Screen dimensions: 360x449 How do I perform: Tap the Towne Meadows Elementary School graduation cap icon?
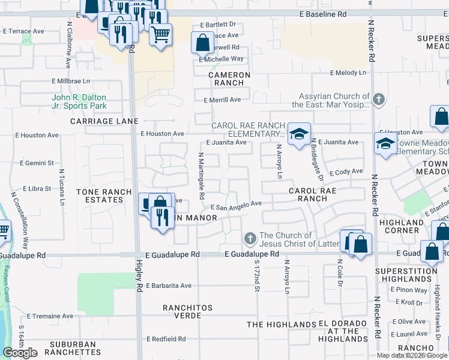(x=385, y=143)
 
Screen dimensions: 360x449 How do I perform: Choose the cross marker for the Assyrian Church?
(x=378, y=99)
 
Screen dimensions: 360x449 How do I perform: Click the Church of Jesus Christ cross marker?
(x=251, y=239)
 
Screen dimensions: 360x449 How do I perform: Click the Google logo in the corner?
(x=20, y=353)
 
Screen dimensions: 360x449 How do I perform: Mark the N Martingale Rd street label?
(x=202, y=175)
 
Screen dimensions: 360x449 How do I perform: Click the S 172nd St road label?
(x=256, y=276)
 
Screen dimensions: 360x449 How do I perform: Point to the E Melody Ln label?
(x=348, y=72)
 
